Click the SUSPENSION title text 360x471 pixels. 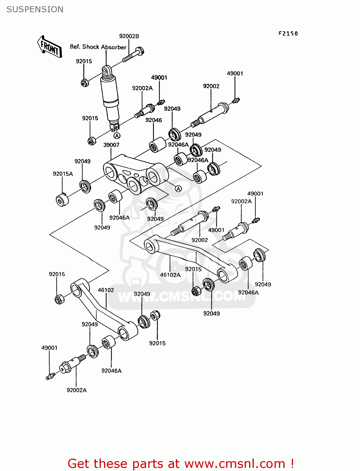pos(35,9)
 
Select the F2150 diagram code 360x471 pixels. pos(288,34)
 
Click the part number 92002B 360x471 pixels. pos(129,36)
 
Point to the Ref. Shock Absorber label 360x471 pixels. pos(98,47)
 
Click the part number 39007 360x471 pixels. pos(111,145)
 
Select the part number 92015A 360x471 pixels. pos(63,174)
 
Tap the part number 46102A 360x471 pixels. pos(170,275)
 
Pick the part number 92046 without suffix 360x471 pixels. pos(154,120)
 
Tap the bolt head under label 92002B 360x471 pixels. pos(140,51)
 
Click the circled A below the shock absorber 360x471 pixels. pos(117,136)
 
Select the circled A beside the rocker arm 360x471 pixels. pos(178,189)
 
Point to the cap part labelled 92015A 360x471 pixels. pos(62,200)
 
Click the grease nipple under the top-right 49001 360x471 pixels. pos(236,100)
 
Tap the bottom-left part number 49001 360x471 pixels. pos(49,348)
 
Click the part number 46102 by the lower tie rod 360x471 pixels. pos(106,290)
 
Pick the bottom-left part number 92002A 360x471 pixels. pos(76,390)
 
